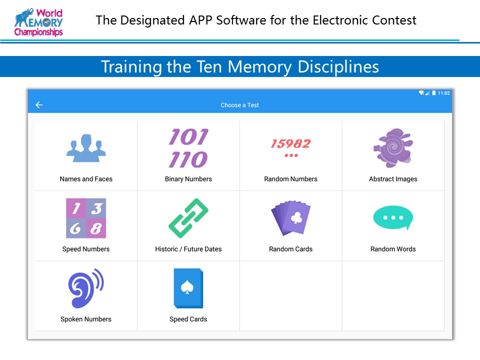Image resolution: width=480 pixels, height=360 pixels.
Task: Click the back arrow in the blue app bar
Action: (x=39, y=105)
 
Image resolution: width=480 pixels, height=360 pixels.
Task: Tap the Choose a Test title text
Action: (x=239, y=105)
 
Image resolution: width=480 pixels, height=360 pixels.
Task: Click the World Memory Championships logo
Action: (x=38, y=22)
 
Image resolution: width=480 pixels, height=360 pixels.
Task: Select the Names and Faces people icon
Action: (x=86, y=148)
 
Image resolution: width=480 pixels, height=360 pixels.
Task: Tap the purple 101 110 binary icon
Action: (x=188, y=148)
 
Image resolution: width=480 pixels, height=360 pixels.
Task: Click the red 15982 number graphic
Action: (x=290, y=143)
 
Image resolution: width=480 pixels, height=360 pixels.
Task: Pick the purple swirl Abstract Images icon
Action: (x=393, y=148)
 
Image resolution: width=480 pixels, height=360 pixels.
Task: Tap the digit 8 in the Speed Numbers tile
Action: (x=96, y=228)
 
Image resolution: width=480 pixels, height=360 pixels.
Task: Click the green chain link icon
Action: (x=188, y=218)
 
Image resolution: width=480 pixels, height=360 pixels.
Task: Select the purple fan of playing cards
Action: (x=290, y=218)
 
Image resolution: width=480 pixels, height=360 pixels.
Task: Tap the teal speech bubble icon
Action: (x=393, y=218)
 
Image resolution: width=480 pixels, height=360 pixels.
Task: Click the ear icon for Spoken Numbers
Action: (x=86, y=288)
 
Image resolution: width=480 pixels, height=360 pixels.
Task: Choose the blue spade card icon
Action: (x=188, y=288)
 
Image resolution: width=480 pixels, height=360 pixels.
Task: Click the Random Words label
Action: (x=393, y=249)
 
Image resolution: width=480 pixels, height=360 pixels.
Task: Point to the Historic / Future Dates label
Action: (x=188, y=249)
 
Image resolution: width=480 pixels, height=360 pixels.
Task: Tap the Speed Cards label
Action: (x=188, y=319)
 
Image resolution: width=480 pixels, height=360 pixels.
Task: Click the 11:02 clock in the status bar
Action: (x=443, y=93)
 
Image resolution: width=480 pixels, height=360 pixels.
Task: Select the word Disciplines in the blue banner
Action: (x=338, y=66)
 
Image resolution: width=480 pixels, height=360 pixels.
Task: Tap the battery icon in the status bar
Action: (x=434, y=93)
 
